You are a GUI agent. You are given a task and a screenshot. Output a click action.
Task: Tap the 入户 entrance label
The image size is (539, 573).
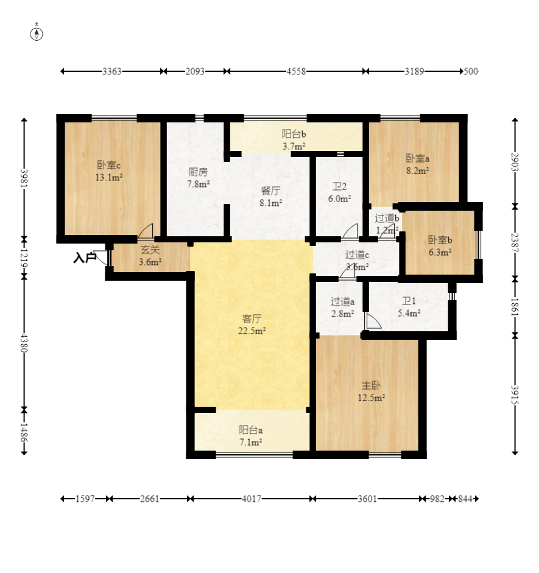(x=85, y=258)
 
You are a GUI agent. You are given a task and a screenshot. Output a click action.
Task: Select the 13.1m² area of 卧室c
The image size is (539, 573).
(x=109, y=178)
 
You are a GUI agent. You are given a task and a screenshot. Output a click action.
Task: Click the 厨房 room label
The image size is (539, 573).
(x=198, y=171)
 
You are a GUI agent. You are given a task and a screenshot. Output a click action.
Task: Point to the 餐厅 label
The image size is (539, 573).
(x=271, y=191)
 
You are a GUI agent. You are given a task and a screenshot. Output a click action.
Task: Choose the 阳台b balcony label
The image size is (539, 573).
(x=294, y=134)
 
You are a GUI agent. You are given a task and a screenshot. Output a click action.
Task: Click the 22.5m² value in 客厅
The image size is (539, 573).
(x=252, y=331)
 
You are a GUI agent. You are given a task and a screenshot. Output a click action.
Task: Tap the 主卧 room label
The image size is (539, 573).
(x=372, y=385)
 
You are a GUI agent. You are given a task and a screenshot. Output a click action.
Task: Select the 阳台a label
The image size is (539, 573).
(x=251, y=430)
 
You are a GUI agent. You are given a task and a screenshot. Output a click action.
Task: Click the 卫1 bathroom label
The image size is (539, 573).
(x=409, y=301)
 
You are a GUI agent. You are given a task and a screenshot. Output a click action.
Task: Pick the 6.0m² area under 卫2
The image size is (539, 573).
(x=339, y=199)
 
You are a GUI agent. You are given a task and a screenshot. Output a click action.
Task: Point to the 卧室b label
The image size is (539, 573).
(x=440, y=240)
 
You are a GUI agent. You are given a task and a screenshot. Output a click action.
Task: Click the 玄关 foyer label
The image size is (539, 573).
(x=150, y=250)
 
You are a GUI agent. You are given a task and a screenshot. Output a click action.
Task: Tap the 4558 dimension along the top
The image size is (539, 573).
(x=296, y=71)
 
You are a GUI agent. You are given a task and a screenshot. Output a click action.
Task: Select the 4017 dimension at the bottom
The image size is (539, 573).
(x=252, y=499)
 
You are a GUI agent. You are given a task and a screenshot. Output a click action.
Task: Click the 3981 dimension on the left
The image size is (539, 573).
(x=24, y=178)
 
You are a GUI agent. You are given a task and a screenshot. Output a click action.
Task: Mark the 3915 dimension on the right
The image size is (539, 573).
(x=515, y=395)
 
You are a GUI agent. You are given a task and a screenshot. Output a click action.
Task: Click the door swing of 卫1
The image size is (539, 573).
(x=373, y=322)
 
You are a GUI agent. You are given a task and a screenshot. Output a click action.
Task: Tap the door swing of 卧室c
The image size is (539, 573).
(x=145, y=231)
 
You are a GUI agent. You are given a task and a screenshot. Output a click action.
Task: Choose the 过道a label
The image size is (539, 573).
(x=342, y=301)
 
